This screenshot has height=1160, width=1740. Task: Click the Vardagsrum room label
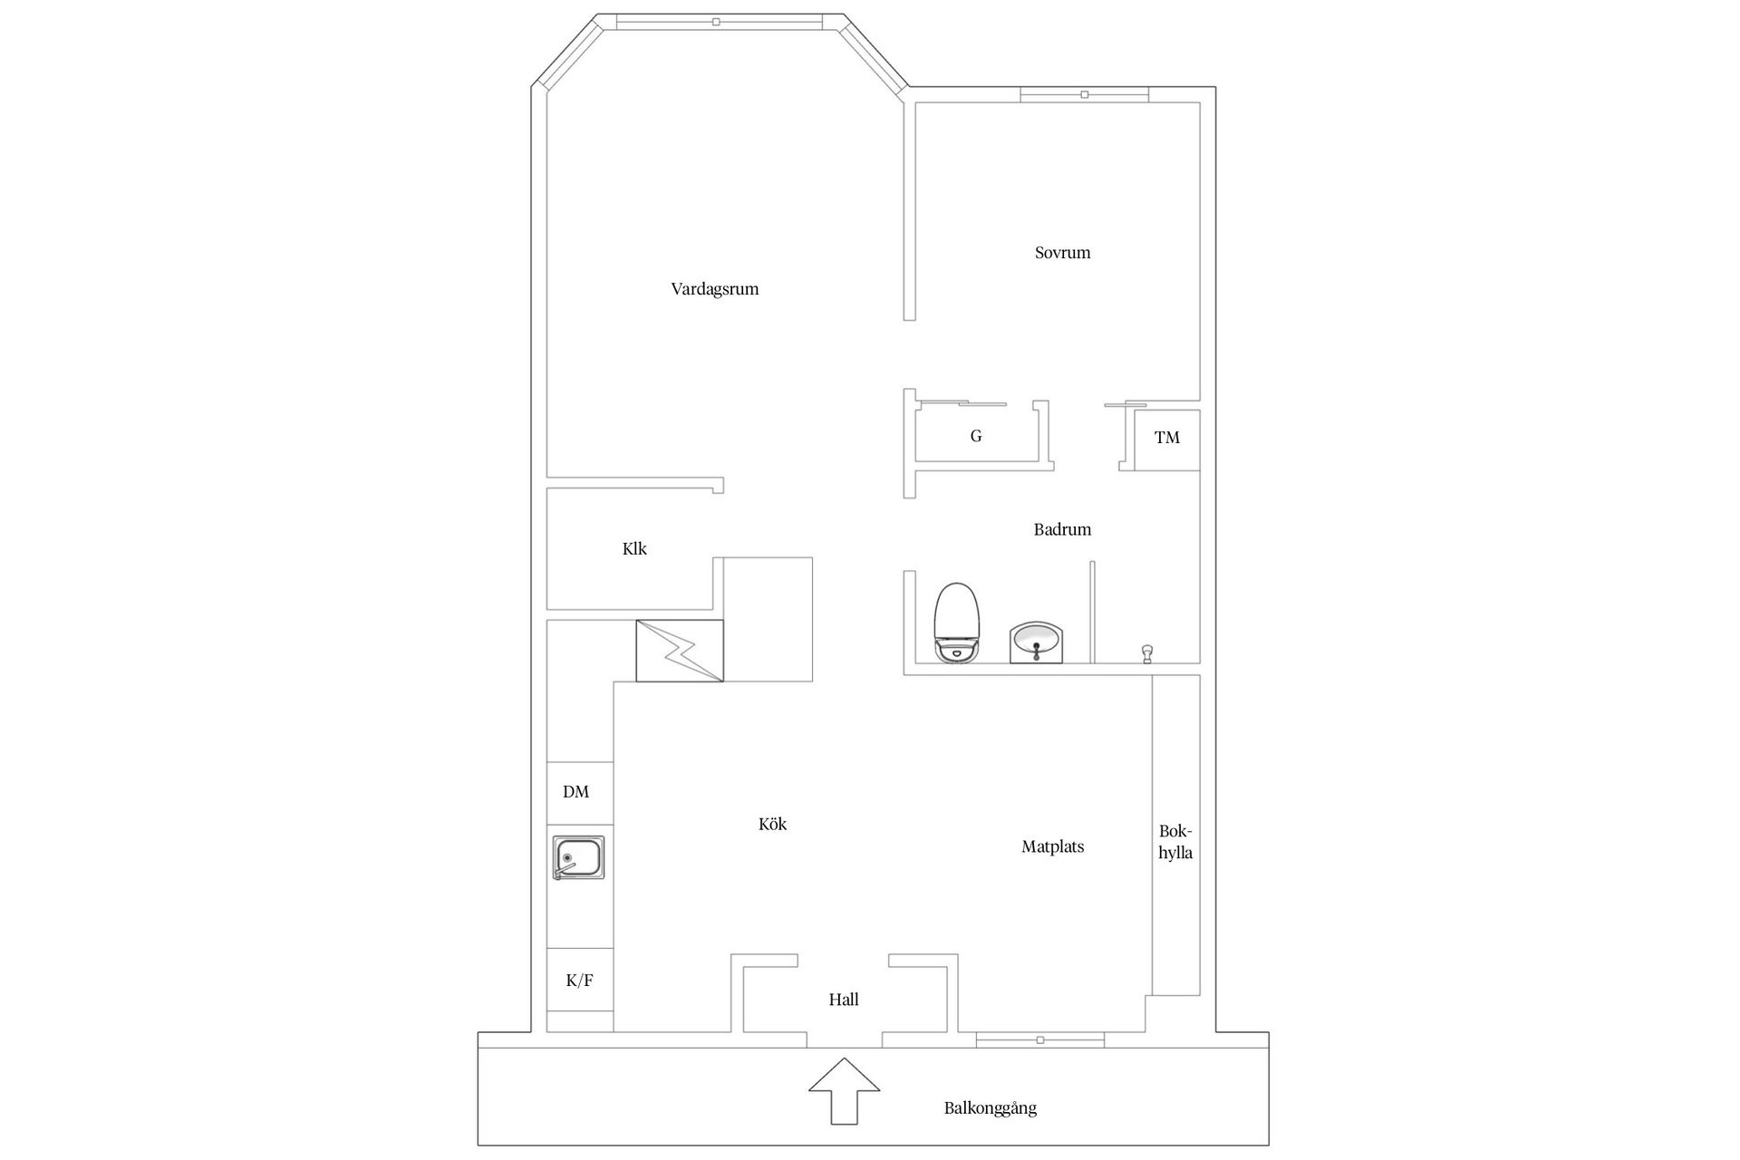pos(714,290)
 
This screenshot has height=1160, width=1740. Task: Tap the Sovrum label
pos(1062,253)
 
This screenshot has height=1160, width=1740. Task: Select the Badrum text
pos(1062,529)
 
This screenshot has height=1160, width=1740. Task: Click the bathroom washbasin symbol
pos(1036,643)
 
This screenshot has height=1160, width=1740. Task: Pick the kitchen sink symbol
pos(578,857)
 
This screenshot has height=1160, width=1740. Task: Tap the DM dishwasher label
pos(575,792)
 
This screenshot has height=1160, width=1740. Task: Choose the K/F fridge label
pos(579,981)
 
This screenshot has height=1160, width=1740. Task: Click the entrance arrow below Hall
pos(844,1091)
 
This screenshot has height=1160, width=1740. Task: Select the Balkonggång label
pos(990,1108)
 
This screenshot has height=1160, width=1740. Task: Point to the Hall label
pos(844,1000)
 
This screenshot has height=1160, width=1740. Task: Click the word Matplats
pos(1052,847)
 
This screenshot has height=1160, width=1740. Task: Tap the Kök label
pos(772,824)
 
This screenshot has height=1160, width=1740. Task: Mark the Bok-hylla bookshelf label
pos(1175,842)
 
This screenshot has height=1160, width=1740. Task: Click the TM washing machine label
pos(1167,438)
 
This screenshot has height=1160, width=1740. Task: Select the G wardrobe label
pos(976,436)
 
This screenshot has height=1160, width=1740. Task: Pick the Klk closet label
pos(634,548)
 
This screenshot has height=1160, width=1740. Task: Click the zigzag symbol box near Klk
pos(680,651)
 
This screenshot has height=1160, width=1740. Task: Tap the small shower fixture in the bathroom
pos(1147,652)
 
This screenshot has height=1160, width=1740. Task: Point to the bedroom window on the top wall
pos(1084,94)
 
